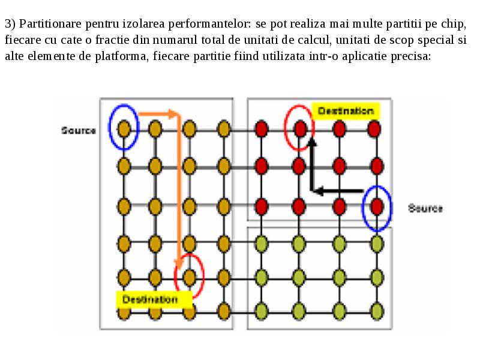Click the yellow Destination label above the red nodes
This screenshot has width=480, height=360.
click(346, 111)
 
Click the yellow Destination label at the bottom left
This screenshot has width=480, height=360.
click(154, 299)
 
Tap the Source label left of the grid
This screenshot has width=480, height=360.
click(79, 130)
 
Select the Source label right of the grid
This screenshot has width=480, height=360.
click(425, 208)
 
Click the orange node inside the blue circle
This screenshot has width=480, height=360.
click(124, 128)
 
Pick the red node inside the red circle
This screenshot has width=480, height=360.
click(300, 128)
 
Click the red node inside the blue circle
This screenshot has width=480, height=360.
click(377, 206)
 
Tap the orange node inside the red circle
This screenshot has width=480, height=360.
click(190, 277)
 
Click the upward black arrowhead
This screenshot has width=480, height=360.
click(311, 142)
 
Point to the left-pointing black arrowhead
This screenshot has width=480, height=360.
click(319, 191)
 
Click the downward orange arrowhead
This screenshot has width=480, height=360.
click(178, 264)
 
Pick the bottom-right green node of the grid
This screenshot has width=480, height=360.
click(377, 311)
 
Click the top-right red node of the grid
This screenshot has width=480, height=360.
click(374, 128)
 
